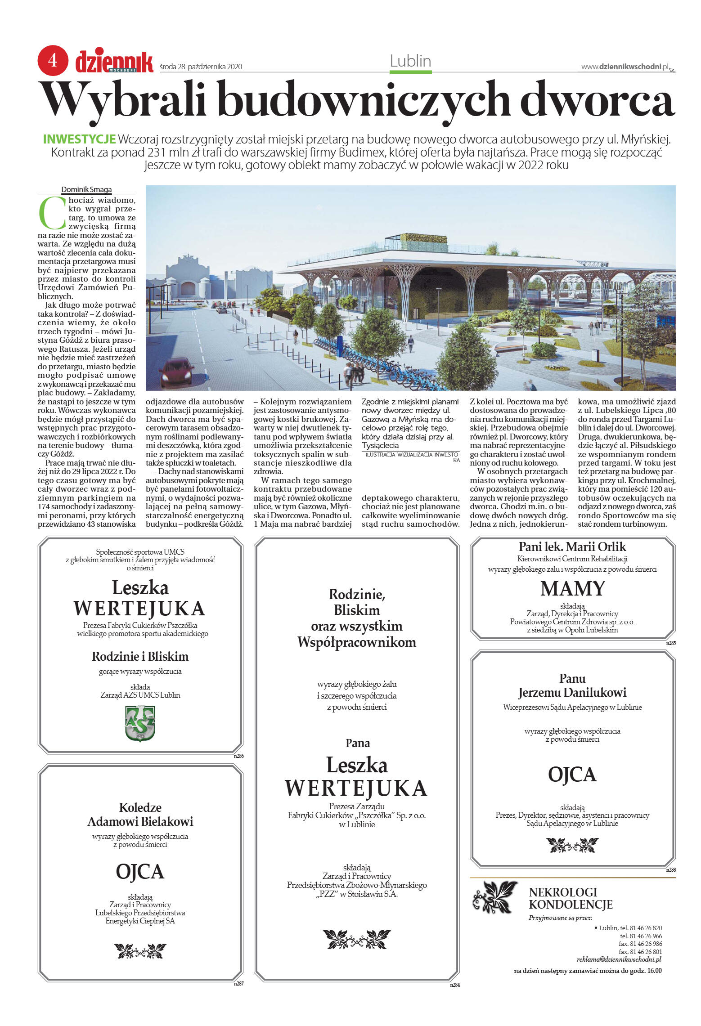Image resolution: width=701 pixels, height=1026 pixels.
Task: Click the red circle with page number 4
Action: (x=53, y=60)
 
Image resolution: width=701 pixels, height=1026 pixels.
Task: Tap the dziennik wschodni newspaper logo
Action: (x=114, y=61)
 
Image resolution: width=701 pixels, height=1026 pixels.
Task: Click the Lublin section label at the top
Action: (x=410, y=61)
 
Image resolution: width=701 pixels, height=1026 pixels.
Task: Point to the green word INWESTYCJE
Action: (x=79, y=139)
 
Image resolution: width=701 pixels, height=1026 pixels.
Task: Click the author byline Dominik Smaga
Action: (x=86, y=189)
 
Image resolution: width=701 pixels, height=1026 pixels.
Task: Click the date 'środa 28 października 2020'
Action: (x=201, y=67)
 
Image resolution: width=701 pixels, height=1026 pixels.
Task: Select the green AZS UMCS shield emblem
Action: (x=140, y=723)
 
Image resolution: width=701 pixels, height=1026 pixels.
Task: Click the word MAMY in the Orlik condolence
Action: (x=572, y=588)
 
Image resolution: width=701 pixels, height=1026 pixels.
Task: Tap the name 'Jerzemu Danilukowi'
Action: (x=572, y=692)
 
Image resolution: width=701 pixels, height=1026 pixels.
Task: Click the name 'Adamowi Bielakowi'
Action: (x=140, y=821)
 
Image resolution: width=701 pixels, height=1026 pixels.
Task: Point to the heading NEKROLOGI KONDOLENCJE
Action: (x=571, y=898)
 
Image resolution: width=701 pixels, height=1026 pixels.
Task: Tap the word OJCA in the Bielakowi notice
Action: (x=140, y=871)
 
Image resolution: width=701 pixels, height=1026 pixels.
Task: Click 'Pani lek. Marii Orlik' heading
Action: (x=572, y=547)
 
